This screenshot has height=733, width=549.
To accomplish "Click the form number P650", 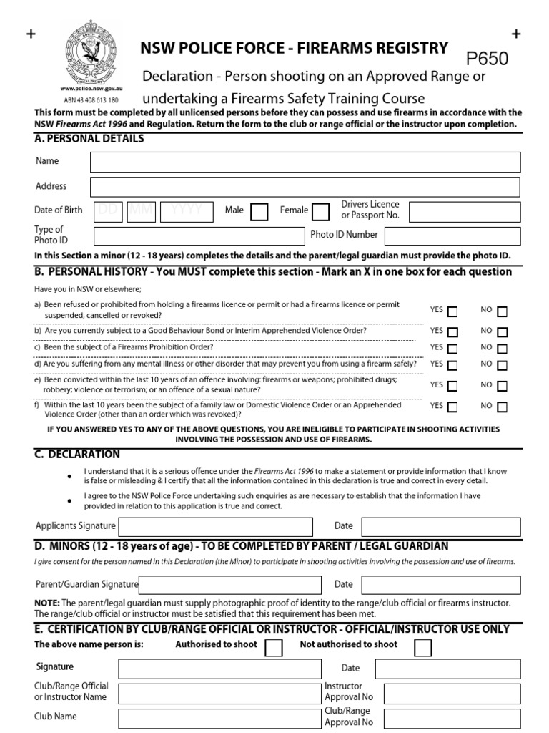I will (x=488, y=59).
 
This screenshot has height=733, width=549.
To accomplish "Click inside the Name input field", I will (x=305, y=162).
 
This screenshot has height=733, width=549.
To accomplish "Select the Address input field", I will (x=305, y=187).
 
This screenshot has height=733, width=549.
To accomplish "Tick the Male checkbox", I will (x=259, y=211).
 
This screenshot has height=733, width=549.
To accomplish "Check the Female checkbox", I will (x=321, y=211).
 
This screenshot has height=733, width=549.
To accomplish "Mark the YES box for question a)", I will (x=452, y=311).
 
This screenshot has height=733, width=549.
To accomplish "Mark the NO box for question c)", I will (x=503, y=349).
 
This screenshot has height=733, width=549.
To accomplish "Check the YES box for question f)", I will (x=452, y=407).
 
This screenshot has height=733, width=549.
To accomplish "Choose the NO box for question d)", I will (x=503, y=365).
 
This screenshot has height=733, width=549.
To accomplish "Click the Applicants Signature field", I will (x=215, y=526).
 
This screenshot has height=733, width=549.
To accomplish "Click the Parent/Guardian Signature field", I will (x=226, y=584).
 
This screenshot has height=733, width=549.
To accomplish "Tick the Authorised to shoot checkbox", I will (x=273, y=647).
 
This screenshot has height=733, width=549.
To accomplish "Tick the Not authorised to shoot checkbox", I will (x=423, y=647).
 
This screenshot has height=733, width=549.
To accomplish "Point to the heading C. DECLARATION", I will (x=77, y=455).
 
